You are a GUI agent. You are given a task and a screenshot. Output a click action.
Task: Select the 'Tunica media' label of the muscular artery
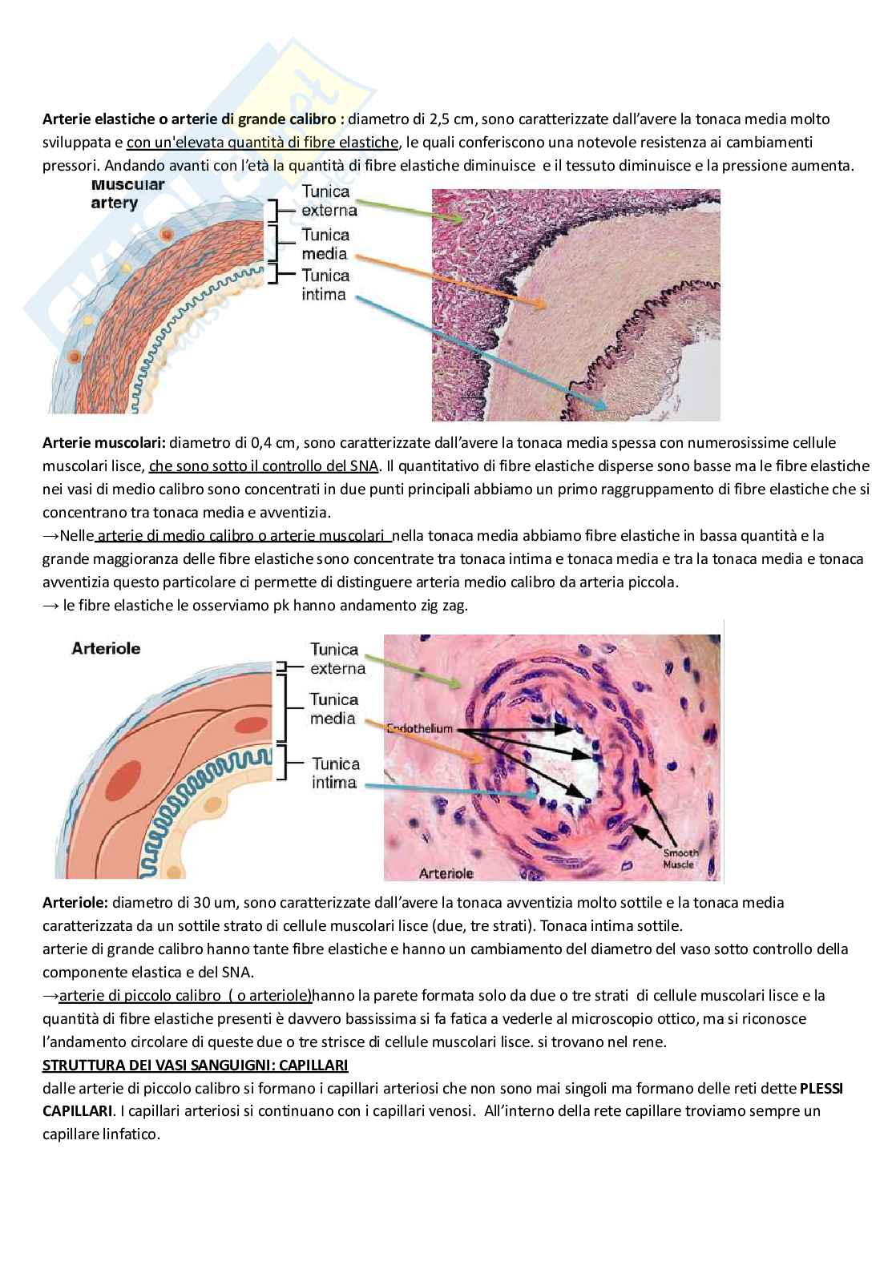pos(325,244)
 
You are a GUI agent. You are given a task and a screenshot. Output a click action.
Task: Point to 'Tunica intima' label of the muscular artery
pos(325,284)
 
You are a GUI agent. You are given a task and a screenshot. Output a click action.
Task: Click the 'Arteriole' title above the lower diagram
pos(106,648)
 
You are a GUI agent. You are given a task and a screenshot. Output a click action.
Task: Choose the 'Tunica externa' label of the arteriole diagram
pos(337,659)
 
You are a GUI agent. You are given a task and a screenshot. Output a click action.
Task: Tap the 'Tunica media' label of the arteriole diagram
pos(333,708)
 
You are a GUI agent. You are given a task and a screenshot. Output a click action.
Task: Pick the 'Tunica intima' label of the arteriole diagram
pos(335,773)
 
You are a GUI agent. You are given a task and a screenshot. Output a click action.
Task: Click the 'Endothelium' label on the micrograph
pos(420,728)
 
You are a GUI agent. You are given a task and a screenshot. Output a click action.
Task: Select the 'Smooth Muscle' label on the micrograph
pos(680,858)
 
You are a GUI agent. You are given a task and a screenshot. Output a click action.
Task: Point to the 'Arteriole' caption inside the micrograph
pos(446,872)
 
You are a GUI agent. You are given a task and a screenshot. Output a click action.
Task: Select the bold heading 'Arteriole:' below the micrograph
pos(76,902)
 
